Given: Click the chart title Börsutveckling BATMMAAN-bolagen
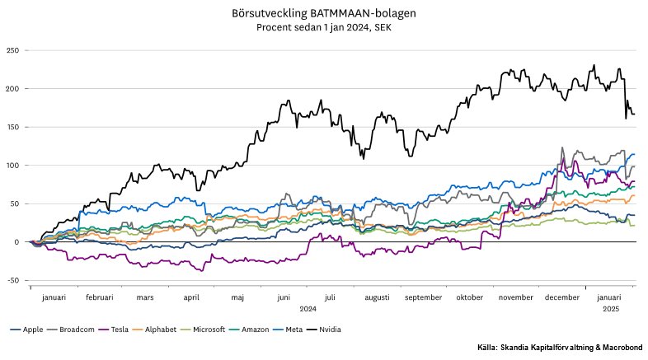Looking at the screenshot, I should pyautogui.click(x=323, y=15).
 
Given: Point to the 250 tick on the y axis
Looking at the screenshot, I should pyautogui.click(x=12, y=50).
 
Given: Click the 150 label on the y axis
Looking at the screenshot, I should pyautogui.click(x=12, y=127).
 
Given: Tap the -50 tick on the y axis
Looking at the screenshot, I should pyautogui.click(x=12, y=281).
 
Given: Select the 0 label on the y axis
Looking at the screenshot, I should pyautogui.click(x=16, y=242).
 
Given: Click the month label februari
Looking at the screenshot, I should pyautogui.click(x=99, y=298).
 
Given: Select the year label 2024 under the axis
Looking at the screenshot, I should pyautogui.click(x=308, y=309).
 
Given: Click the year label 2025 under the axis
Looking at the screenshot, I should pyautogui.click(x=611, y=309).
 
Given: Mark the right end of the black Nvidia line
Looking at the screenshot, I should pyautogui.click(x=634, y=115).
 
